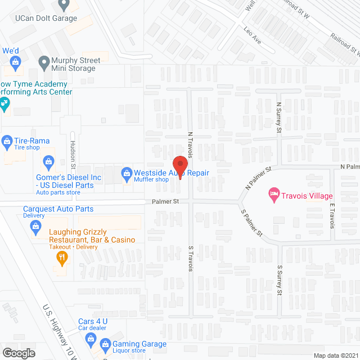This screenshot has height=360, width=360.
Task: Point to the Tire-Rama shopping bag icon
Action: [x=7, y=141]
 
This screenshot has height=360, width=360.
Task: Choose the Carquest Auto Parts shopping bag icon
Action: [x=35, y=226]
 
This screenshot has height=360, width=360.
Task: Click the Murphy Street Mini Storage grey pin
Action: [x=43, y=61]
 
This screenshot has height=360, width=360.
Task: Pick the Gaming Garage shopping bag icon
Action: [x=105, y=344]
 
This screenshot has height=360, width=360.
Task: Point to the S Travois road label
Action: [x=191, y=258]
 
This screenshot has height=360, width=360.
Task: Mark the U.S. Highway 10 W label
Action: [x=58, y=329]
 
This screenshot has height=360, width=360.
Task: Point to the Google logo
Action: [x=19, y=353]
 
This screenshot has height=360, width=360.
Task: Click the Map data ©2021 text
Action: [x=335, y=355]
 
